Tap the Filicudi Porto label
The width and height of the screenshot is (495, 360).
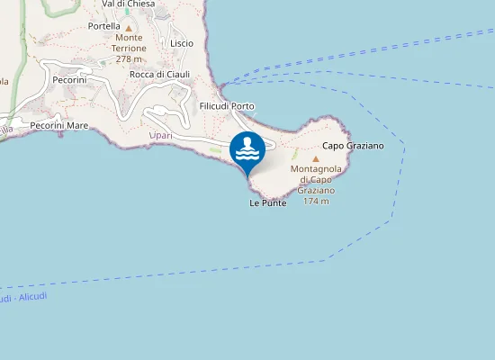click(x=227, y=106)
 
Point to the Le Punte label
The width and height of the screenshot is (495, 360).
click(x=268, y=203)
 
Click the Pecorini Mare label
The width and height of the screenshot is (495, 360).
click(x=58, y=125)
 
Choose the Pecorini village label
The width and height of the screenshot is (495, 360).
click(x=69, y=80)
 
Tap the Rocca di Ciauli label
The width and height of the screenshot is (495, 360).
click(x=159, y=74)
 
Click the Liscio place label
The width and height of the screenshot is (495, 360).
click(x=181, y=42)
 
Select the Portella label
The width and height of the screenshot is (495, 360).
click(x=104, y=26)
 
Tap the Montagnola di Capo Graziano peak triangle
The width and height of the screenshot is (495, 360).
click(x=315, y=158)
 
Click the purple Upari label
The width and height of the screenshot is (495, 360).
click(x=159, y=136)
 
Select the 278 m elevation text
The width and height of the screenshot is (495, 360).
click(x=130, y=58)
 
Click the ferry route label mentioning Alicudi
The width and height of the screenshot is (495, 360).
click(x=23, y=297)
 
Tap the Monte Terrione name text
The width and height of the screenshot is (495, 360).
click(x=130, y=42)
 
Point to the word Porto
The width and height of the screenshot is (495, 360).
click(x=243, y=106)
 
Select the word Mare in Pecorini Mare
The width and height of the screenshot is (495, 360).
click(x=76, y=125)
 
